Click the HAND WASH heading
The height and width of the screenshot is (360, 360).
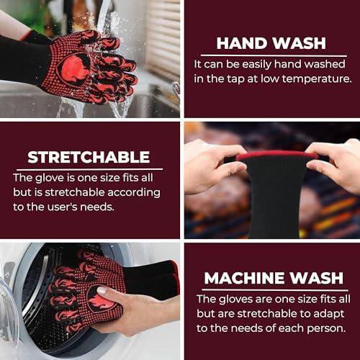(x=271, y=43)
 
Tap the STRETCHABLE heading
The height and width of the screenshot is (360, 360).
(x=89, y=157)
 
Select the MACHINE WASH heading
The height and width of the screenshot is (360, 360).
(x=274, y=278)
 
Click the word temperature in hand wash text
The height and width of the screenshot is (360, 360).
(x=317, y=79)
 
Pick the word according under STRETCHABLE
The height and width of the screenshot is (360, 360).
(x=134, y=193)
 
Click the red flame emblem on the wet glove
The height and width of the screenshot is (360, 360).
(x=73, y=69)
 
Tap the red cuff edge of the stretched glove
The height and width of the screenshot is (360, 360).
(x=277, y=155)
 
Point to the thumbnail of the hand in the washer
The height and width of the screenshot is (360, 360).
(x=102, y=291)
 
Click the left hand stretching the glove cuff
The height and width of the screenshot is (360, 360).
(x=214, y=167)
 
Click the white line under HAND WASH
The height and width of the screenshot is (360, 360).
(x=274, y=55)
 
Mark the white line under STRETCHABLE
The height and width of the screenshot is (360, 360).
(x=89, y=169)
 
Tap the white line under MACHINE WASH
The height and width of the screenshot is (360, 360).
(x=275, y=290)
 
